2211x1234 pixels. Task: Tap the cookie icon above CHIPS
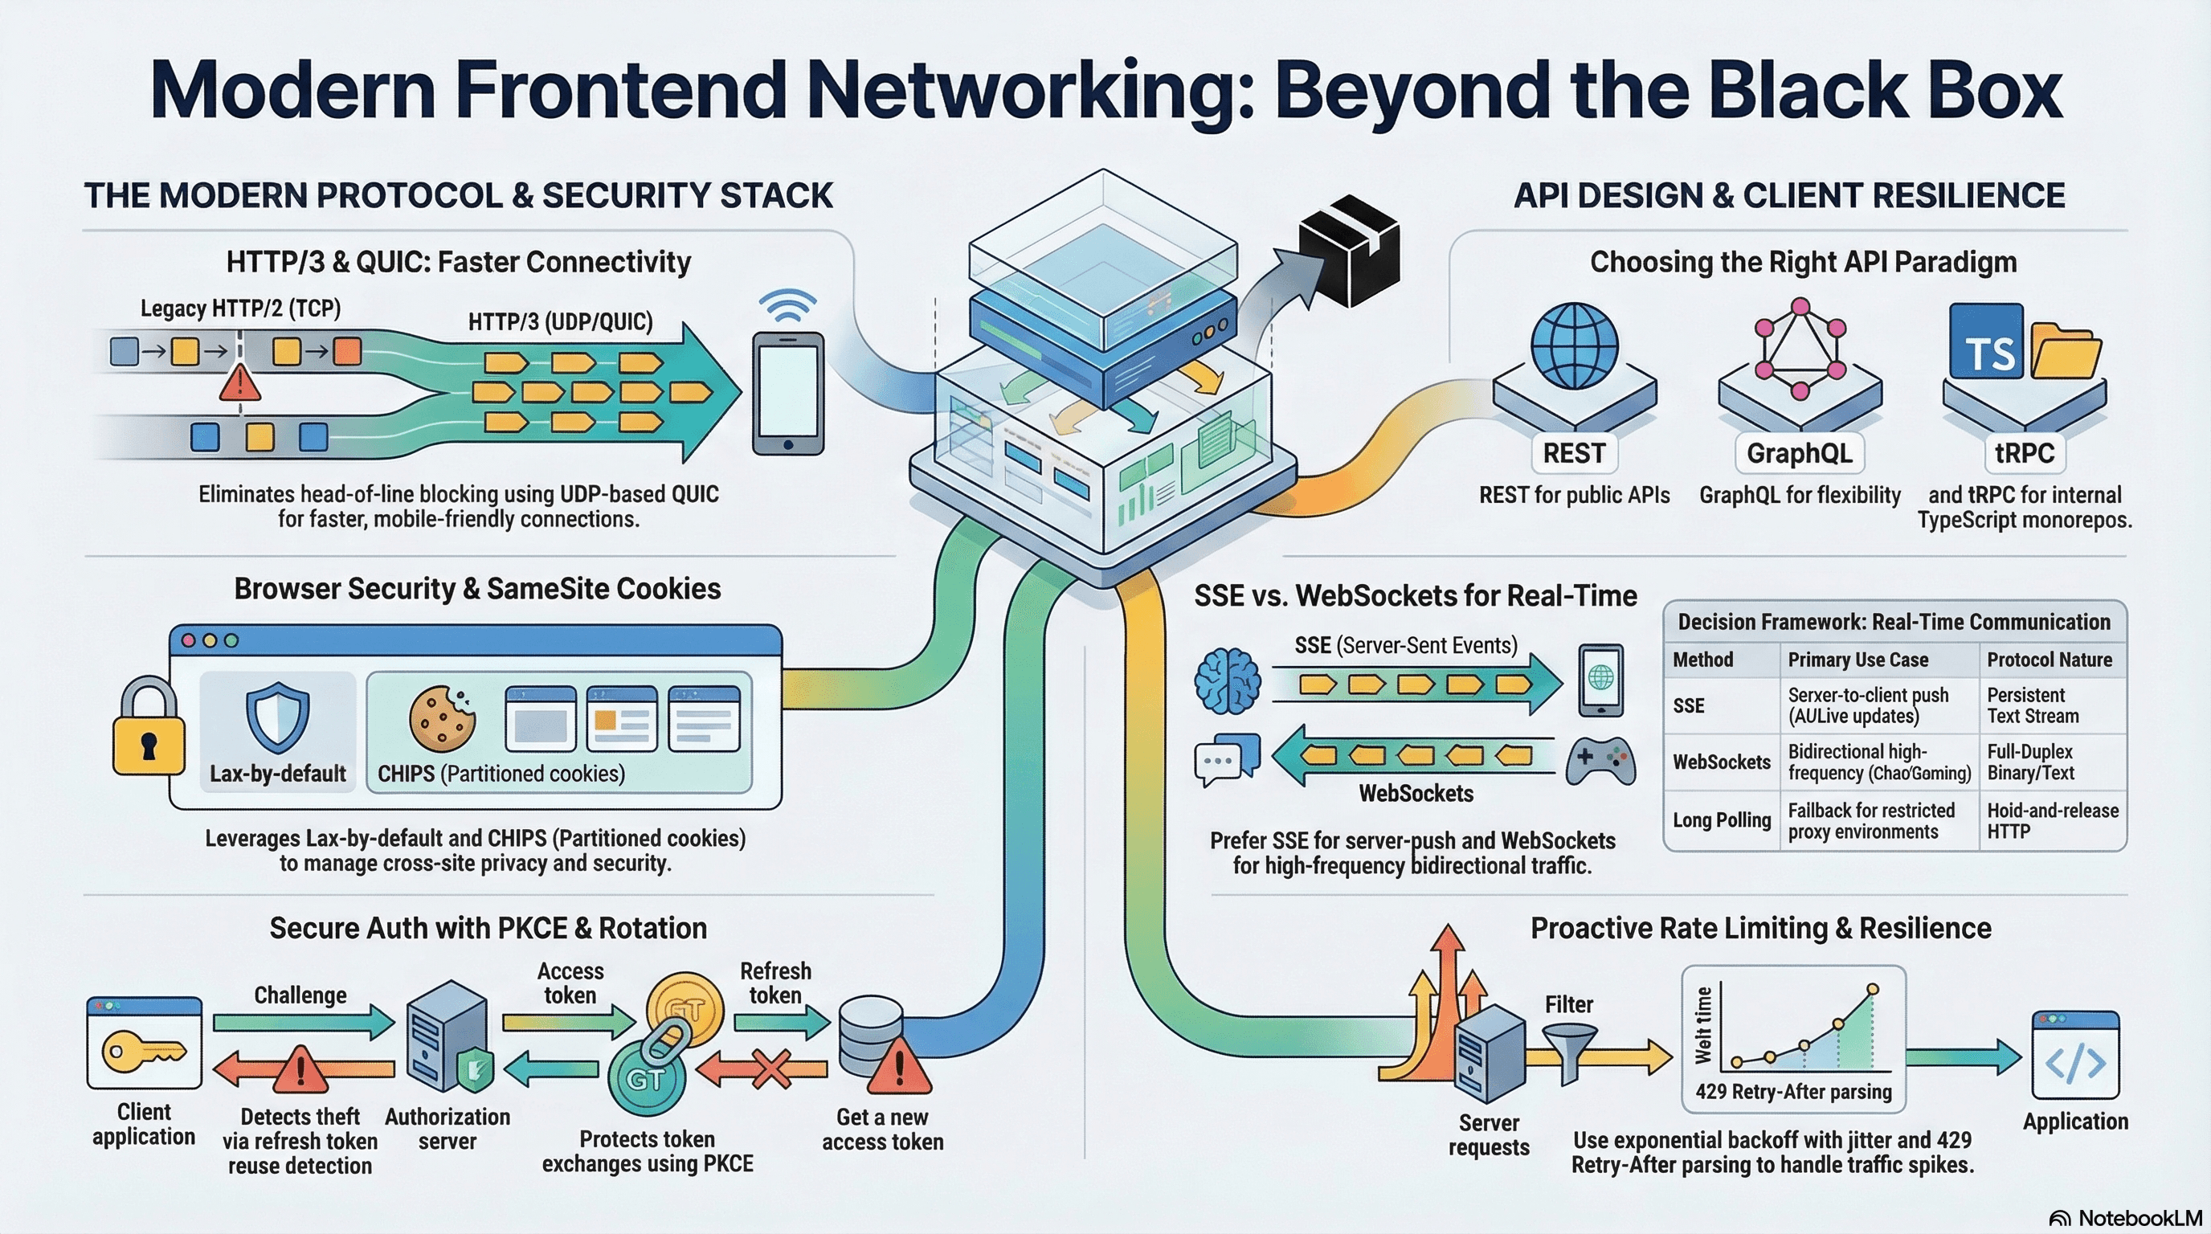pos(442,718)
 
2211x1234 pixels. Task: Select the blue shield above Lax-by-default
pos(277,717)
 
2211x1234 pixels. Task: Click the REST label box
pos(1574,453)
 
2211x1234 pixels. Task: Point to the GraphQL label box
pos(1799,453)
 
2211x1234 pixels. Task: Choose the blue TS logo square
pos(1986,341)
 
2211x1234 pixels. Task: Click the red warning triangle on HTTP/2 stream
pos(239,382)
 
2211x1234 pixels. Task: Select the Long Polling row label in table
pos(1721,820)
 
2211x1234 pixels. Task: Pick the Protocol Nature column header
pos(2049,660)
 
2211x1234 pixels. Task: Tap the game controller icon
pos(1600,760)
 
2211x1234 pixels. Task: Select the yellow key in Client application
pos(142,1051)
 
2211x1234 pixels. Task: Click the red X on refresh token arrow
pos(771,1069)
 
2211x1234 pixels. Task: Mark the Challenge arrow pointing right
pos(302,1022)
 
